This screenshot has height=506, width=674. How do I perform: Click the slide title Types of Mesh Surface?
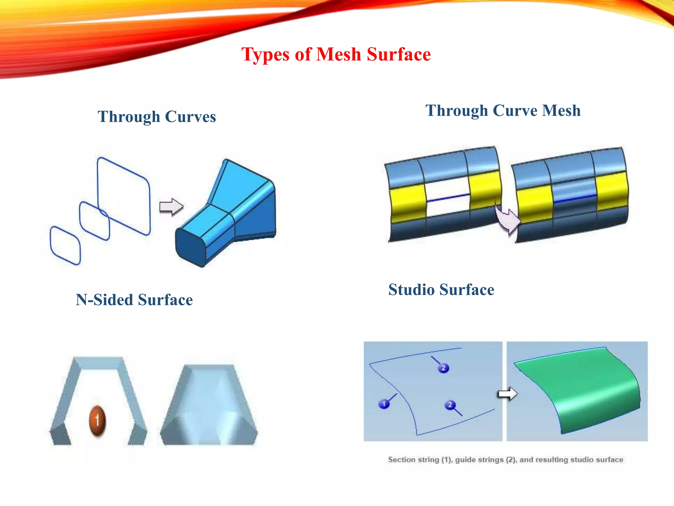pyautogui.click(x=336, y=54)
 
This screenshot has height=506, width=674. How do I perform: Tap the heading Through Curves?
pyautogui.click(x=157, y=117)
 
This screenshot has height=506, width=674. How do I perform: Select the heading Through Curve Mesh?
pyautogui.click(x=503, y=110)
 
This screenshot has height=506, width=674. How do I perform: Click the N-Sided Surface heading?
pyautogui.click(x=134, y=300)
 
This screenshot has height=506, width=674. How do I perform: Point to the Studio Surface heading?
pyautogui.click(x=441, y=290)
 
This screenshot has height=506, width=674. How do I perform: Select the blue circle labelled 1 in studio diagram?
pyautogui.click(x=384, y=404)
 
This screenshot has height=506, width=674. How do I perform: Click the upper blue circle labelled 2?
pyautogui.click(x=443, y=368)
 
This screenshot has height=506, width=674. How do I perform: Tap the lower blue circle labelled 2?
pyautogui.click(x=450, y=405)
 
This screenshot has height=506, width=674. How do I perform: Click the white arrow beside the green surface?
pyautogui.click(x=507, y=393)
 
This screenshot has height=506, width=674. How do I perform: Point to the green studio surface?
pyautogui.click(x=579, y=389)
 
